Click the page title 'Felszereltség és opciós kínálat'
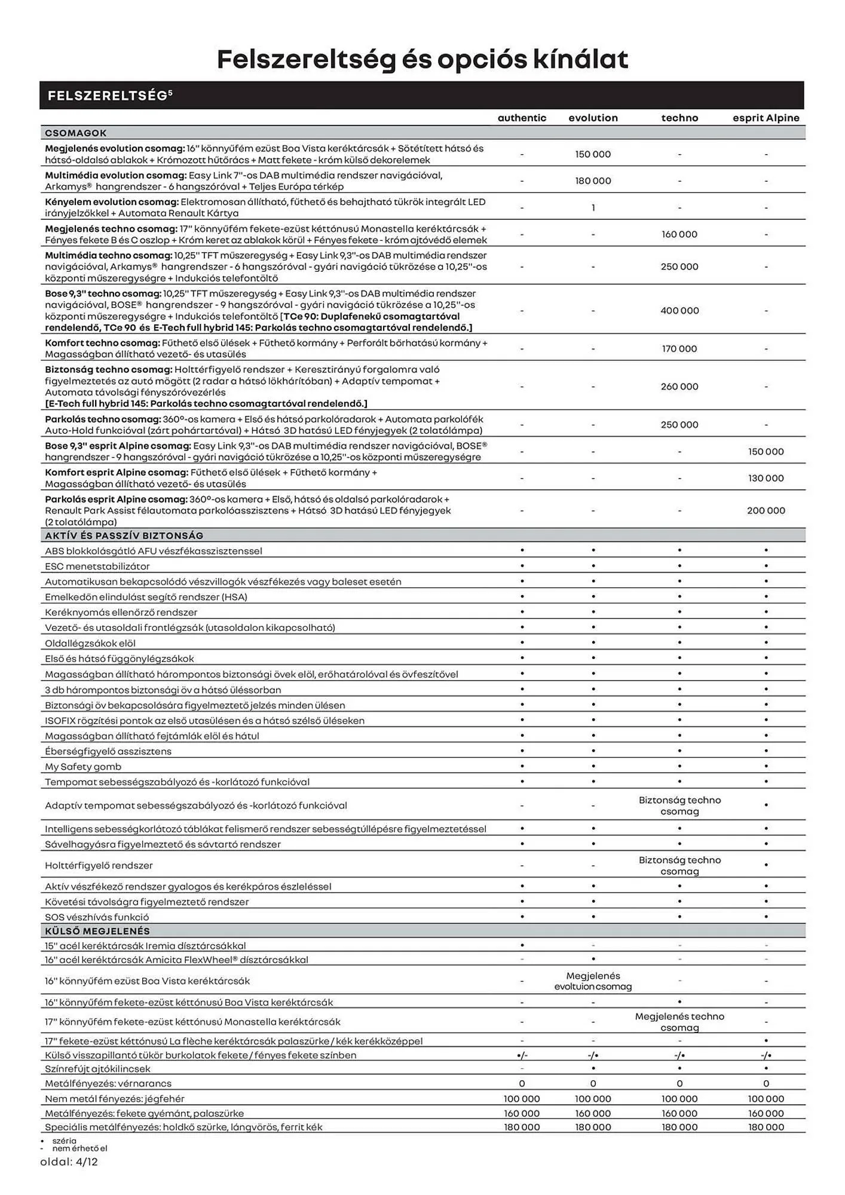(x=422, y=59)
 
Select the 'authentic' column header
(x=522, y=118)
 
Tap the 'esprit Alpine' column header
(x=766, y=118)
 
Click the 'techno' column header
(x=679, y=118)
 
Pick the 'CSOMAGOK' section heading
(x=75, y=133)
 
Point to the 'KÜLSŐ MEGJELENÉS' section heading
(x=97, y=931)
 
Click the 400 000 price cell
(x=679, y=311)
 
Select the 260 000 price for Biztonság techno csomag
(x=679, y=387)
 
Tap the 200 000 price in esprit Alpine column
(x=766, y=510)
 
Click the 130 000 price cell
(x=766, y=478)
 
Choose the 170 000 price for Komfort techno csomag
(x=679, y=348)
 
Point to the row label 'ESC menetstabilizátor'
(x=97, y=566)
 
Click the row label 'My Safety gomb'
(x=83, y=767)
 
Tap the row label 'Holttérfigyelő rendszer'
(x=99, y=865)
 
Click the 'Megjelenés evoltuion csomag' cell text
(x=593, y=981)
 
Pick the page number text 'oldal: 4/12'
(x=69, y=1162)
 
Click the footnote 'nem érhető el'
(x=79, y=1148)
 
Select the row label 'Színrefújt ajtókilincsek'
(x=97, y=1068)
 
